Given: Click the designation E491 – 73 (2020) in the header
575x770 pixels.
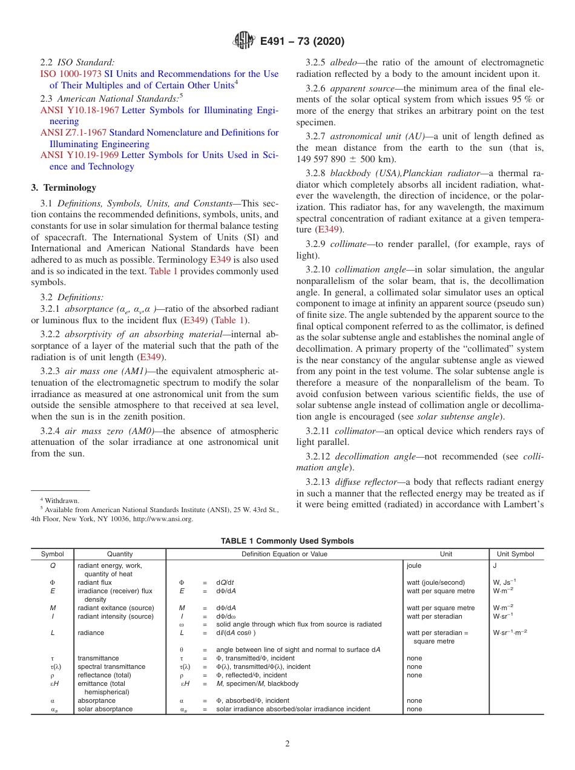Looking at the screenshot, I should pyautogui.click(x=302, y=42).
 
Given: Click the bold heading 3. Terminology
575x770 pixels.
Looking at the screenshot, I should pyautogui.click(x=64, y=188).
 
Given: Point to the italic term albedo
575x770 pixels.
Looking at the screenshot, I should pyautogui.click(x=344, y=62).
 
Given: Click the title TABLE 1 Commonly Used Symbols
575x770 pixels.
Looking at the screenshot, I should pyautogui.click(x=287, y=541).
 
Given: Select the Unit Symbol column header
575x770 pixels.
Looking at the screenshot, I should pyautogui.click(x=516, y=554).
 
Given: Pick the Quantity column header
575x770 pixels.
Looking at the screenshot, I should pyautogui.click(x=120, y=554).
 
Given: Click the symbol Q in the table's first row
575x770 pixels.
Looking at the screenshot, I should pyautogui.click(x=52, y=565).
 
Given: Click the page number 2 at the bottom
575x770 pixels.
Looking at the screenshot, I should pyautogui.click(x=287, y=744).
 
